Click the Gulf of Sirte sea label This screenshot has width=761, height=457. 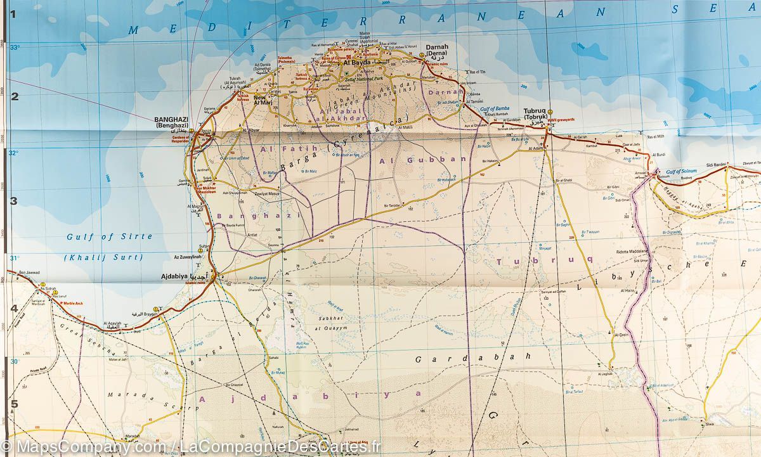tap(110, 236)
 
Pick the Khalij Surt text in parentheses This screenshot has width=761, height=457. tap(108, 257)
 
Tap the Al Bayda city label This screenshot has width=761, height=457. tap(355, 63)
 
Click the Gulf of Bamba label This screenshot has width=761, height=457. tap(495, 109)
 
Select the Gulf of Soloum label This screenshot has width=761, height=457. tap(681, 171)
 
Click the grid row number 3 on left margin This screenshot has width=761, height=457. tap(13, 202)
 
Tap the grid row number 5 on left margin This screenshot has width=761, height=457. tap(13, 403)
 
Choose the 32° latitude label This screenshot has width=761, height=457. tap(14, 153)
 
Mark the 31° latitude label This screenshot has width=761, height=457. tap(14, 258)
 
